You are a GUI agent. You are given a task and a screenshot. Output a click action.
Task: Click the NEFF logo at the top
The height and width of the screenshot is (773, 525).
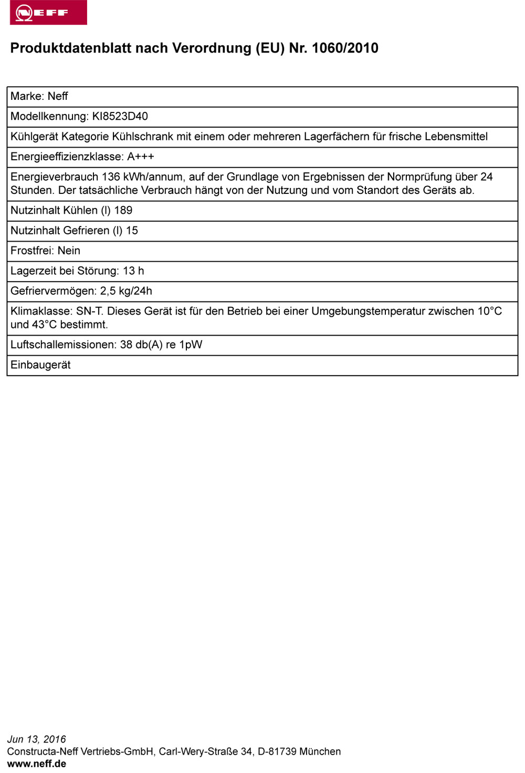48,12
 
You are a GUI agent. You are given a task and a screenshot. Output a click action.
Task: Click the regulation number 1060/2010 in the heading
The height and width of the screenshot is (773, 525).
345,48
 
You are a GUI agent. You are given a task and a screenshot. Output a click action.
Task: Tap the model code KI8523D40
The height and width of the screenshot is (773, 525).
120,116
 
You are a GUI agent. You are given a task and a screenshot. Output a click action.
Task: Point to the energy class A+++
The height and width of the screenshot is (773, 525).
141,157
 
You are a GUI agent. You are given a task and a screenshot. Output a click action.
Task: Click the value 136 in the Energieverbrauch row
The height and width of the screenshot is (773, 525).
111,177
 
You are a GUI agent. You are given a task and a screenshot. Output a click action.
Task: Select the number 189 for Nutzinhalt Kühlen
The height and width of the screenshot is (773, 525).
123,210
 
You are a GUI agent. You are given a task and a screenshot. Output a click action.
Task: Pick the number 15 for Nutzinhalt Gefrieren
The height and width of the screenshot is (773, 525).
132,231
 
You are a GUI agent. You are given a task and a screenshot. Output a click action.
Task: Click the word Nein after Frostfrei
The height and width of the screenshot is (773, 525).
69,251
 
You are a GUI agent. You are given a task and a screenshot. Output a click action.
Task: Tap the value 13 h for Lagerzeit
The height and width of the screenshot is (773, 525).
133,271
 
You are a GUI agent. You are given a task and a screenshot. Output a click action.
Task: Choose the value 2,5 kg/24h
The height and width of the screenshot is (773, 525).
126,291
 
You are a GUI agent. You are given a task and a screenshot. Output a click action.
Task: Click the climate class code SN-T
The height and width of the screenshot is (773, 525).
89,311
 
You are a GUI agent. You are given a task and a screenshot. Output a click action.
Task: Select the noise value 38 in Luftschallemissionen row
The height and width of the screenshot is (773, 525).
126,345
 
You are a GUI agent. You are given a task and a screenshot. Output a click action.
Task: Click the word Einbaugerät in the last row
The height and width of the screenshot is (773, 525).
40,365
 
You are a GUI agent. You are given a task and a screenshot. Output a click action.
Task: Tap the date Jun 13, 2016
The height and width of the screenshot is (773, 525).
37,739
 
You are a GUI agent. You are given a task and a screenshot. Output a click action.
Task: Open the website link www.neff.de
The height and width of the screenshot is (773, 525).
37,764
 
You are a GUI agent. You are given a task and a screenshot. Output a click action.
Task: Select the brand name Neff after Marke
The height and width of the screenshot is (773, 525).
58,96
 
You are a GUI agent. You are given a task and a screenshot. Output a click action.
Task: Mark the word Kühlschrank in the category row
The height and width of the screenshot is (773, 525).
143,137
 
